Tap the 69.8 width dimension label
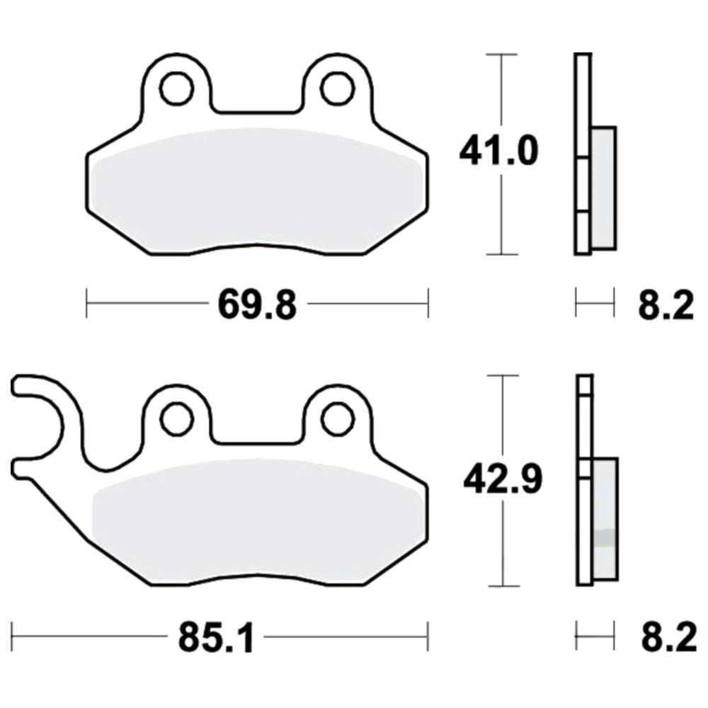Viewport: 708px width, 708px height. pos(258,305)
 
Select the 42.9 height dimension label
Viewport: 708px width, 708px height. pos(503,479)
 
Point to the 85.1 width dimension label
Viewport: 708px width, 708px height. pos(216,639)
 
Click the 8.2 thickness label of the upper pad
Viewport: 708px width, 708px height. pos(666,306)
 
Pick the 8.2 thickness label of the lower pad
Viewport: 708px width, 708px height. pos(669,638)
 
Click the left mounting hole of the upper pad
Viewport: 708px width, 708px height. pos(176,88)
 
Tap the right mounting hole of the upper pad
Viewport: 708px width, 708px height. pos(337,88)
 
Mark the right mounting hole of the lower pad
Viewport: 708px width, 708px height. pos(338,419)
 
